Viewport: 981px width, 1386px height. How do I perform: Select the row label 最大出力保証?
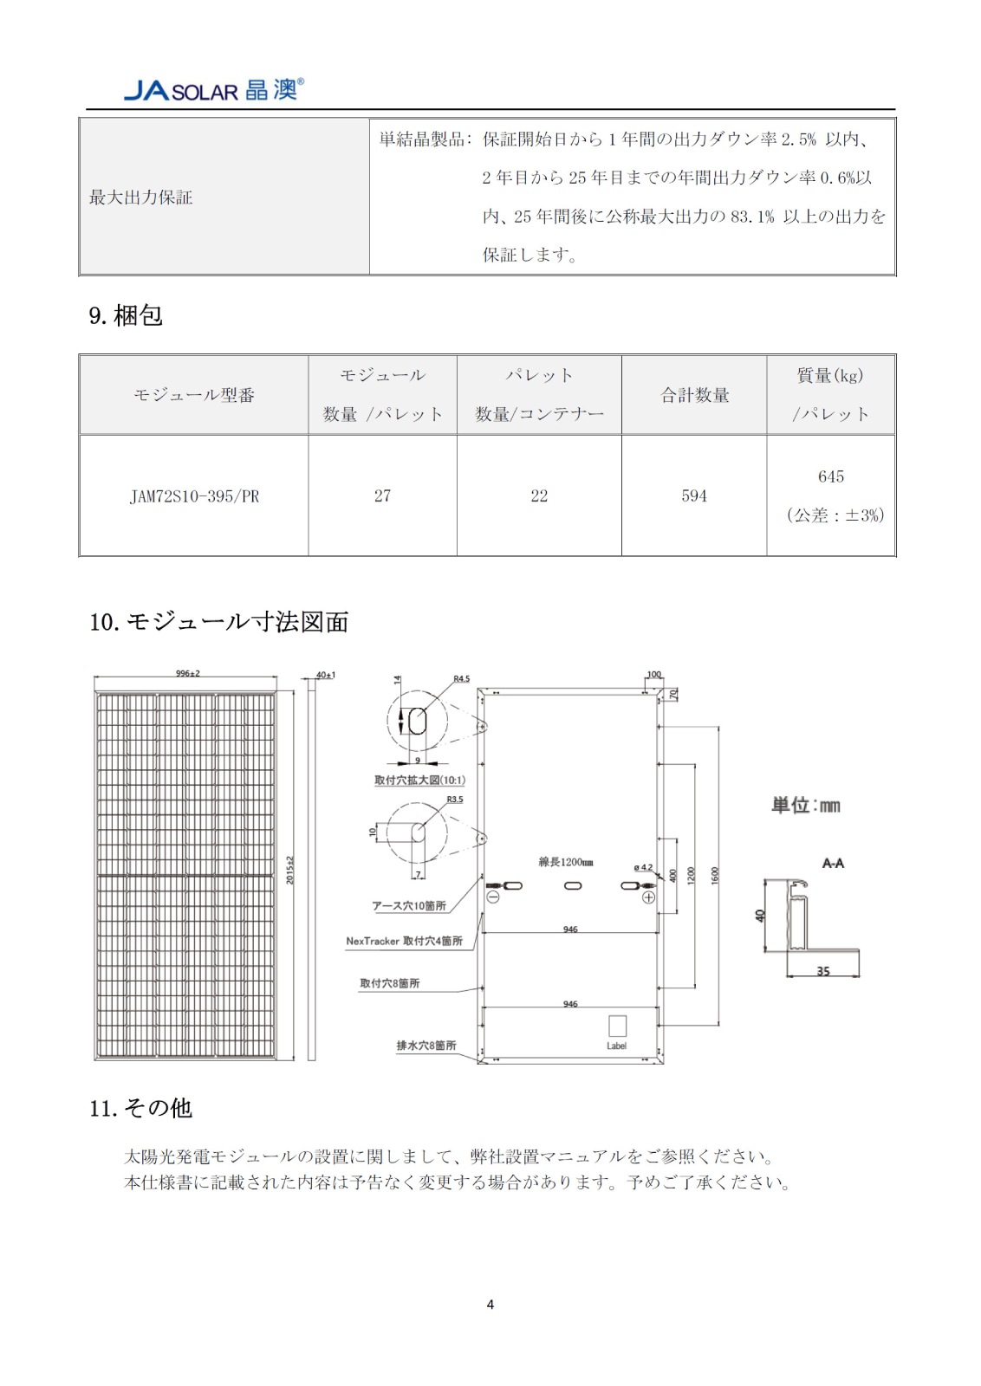click(140, 198)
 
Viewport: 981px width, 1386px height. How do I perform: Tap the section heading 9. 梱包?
click(126, 315)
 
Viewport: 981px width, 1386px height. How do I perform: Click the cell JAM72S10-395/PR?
click(194, 496)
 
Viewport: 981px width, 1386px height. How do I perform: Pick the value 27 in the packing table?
click(382, 495)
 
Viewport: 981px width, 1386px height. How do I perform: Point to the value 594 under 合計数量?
click(694, 495)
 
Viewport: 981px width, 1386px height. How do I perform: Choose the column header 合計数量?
click(694, 395)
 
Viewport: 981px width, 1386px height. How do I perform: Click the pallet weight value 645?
click(830, 476)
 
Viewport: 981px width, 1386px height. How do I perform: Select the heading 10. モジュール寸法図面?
click(218, 622)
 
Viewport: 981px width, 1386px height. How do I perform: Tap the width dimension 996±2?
click(187, 673)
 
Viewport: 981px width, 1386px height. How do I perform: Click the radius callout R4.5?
click(461, 679)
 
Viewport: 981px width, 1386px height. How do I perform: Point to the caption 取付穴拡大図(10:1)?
click(419, 780)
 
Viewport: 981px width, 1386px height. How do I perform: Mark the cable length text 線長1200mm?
click(566, 862)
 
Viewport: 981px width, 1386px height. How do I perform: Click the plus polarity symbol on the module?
click(648, 897)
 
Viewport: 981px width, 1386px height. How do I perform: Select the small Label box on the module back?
click(617, 1027)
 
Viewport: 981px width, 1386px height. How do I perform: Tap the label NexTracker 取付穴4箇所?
click(404, 941)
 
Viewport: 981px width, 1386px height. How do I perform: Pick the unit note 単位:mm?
click(806, 806)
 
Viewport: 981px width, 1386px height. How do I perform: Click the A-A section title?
click(833, 863)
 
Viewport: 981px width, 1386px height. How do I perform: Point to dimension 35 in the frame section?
click(823, 971)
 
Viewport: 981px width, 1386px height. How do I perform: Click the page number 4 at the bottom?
click(491, 1305)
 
